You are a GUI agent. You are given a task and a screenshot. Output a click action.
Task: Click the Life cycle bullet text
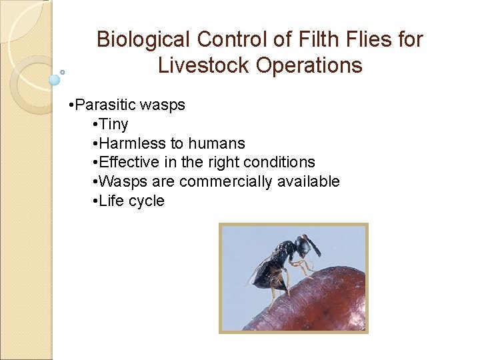pos(131,201)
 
